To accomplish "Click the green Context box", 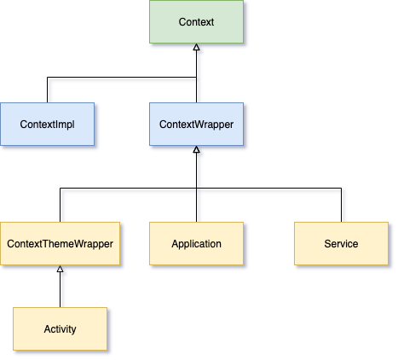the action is pos(196,22).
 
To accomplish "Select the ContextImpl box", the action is pos(48,124).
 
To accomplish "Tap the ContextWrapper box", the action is pos(196,124).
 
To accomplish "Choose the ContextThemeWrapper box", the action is pos(60,243).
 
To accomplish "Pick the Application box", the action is pos(196,243).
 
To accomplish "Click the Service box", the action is pos(341,243).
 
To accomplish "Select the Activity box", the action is pos(60,328).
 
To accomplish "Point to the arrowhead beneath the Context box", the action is pos(196,47).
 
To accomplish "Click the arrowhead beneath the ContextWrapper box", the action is pos(196,149).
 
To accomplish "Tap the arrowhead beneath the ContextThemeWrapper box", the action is pos(60,269).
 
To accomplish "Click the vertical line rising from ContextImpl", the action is pos(48,90).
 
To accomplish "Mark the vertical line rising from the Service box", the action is pos(341,205).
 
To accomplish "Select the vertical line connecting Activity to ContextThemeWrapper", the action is pos(60,290).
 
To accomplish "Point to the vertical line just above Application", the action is pos(196,205).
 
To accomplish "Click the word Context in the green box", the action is pos(196,22).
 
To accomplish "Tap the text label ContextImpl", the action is pos(48,125).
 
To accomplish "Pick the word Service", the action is pos(341,244).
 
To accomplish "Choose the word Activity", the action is pos(60,329).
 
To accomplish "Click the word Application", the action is pos(196,244).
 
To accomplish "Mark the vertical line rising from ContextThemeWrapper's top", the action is pos(60,205).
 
